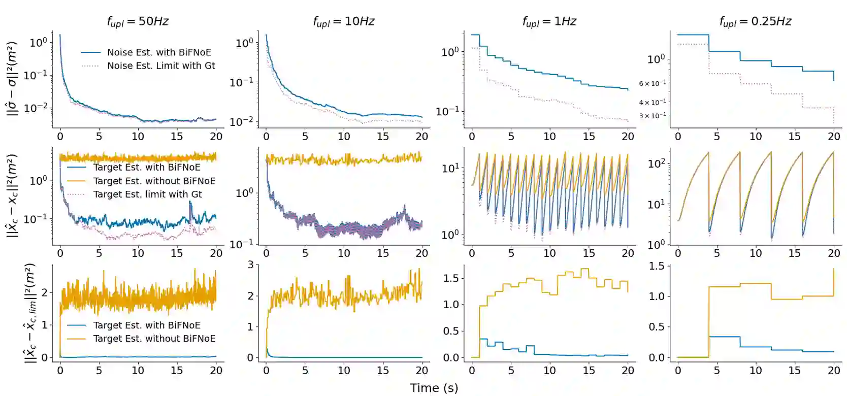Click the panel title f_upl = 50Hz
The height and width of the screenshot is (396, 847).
tap(137, 21)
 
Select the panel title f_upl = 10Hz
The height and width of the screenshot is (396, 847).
tap(343, 21)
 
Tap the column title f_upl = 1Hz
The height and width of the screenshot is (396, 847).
tap(549, 21)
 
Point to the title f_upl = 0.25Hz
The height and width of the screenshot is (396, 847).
tap(755, 21)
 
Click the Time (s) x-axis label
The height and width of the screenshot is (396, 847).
tap(434, 388)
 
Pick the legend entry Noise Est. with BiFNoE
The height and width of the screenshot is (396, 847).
tap(159, 52)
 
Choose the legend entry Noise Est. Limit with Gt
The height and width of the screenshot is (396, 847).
tap(161, 65)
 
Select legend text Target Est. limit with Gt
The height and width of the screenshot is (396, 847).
tap(147, 194)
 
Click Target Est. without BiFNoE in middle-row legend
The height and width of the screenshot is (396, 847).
tap(154, 181)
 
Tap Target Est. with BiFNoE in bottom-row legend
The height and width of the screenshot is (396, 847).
tap(147, 325)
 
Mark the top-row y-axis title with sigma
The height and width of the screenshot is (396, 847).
tap(13, 79)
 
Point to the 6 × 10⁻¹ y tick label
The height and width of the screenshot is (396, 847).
tap(653, 83)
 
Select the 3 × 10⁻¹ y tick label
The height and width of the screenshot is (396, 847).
tap(653, 116)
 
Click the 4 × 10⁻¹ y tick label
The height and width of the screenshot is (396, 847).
tap(653, 103)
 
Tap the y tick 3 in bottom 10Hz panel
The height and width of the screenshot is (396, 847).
tap(250, 265)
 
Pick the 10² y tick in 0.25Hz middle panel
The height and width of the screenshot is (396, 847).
tap(656, 163)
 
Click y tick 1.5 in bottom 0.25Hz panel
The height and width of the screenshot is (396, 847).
tap(657, 266)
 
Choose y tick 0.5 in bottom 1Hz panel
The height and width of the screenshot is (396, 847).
tap(450, 331)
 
